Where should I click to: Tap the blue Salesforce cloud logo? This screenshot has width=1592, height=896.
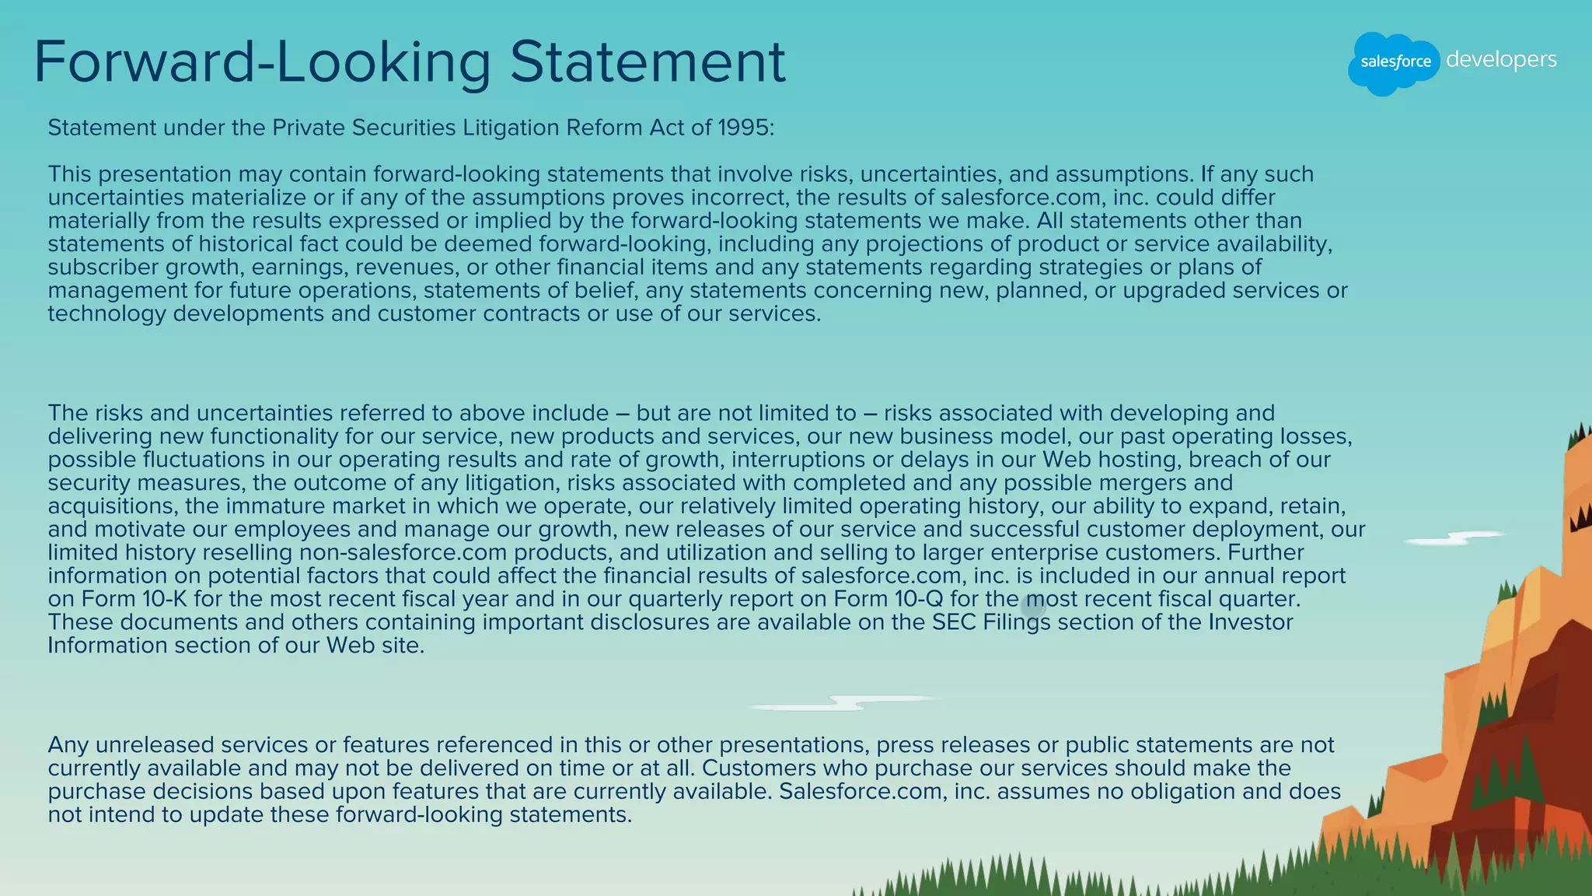pos(1394,62)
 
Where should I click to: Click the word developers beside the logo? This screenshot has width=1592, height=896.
pos(1501,60)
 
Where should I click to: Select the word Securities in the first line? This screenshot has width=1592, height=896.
pos(404,128)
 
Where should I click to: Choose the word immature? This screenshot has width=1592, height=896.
pos(274,506)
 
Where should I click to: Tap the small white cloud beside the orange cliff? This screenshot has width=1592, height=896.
pos(1454,537)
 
